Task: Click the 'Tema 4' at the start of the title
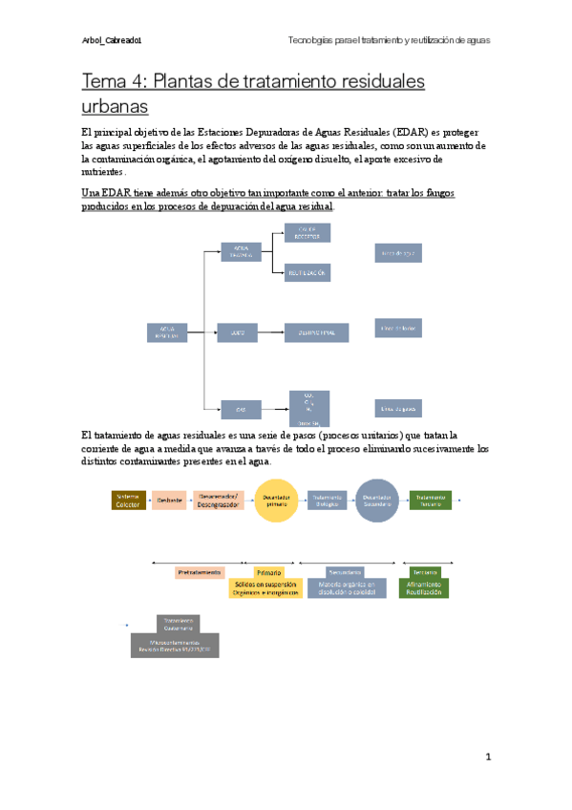tap(112, 82)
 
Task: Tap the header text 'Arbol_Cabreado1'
tap(114, 40)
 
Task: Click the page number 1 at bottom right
tap(487, 757)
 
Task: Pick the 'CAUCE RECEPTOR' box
tap(307, 233)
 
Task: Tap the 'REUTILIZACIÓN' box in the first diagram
tap(307, 273)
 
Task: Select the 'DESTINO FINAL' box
tap(316, 332)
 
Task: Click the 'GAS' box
tap(241, 409)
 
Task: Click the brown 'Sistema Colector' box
tap(128, 501)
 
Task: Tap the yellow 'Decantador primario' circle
tap(277, 501)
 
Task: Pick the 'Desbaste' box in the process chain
tap(170, 501)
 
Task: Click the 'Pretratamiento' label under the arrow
tap(201, 572)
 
